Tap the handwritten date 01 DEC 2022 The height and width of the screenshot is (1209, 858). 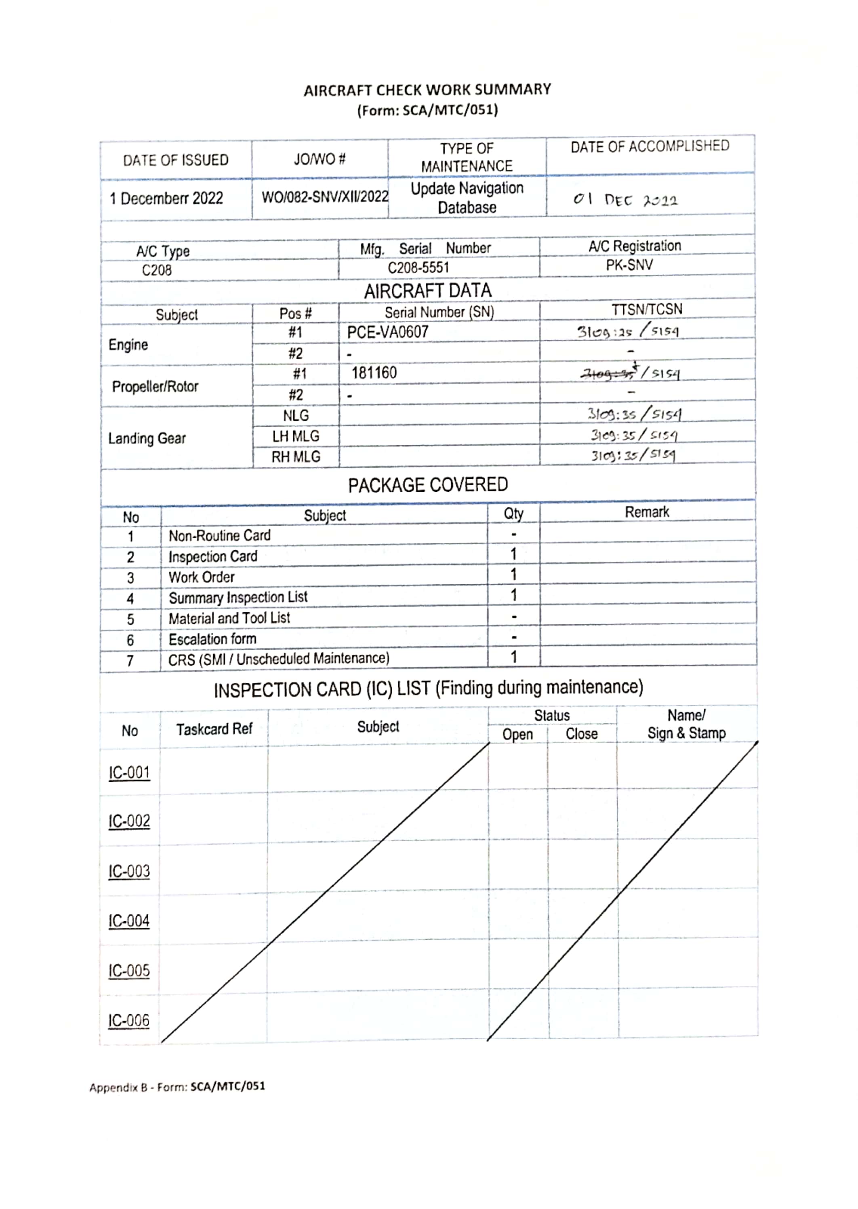(625, 200)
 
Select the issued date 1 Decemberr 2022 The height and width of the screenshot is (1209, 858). (166, 199)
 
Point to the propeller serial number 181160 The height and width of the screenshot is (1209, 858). (374, 373)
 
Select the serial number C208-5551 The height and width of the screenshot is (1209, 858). (418, 268)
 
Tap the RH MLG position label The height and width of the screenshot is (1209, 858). (295, 457)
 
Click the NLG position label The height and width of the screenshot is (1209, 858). (295, 415)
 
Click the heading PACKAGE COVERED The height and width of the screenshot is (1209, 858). (427, 484)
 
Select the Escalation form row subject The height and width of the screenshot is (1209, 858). (212, 639)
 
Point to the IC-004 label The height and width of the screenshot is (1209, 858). (129, 921)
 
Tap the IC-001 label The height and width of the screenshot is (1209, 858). (129, 773)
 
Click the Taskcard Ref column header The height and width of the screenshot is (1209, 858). (214, 729)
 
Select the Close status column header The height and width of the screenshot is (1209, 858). (581, 734)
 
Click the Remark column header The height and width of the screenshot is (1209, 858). (647, 512)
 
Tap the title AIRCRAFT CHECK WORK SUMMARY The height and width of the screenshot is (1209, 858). (427, 90)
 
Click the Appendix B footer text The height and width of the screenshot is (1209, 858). (177, 1087)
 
